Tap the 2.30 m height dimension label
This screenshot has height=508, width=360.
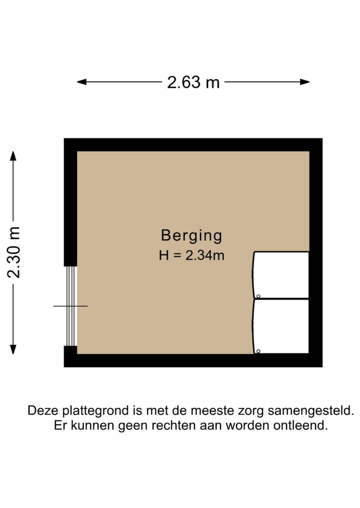point(14,252)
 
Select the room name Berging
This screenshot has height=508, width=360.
point(191,235)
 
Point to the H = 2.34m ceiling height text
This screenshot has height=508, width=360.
point(191,256)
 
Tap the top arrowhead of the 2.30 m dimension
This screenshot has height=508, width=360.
point(13,155)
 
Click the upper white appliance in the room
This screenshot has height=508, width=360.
point(281,275)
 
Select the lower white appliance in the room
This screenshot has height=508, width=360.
point(281,326)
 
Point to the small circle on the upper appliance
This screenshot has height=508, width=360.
point(258,295)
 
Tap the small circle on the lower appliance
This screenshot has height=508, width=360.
point(258,351)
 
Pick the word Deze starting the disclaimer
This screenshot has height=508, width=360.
point(42,411)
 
